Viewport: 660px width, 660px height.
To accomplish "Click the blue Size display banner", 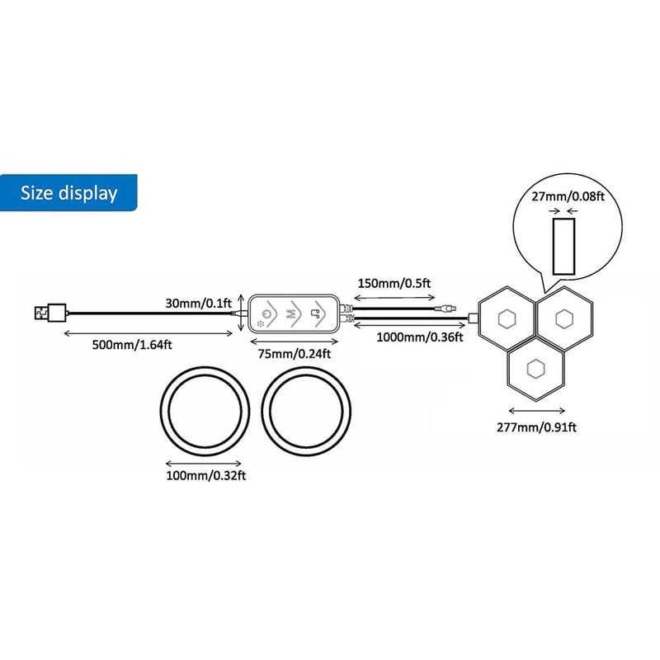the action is pyautogui.click(x=68, y=192).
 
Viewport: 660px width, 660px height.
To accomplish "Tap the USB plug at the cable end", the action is pyautogui.click(x=50, y=313).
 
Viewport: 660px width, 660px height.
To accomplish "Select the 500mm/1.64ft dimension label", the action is pyautogui.click(x=132, y=345).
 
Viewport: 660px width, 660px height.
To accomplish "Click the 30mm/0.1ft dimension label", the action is pyautogui.click(x=198, y=303).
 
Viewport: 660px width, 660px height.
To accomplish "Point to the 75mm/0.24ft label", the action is pyautogui.click(x=295, y=354).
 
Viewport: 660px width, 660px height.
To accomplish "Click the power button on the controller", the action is pyautogui.click(x=266, y=313).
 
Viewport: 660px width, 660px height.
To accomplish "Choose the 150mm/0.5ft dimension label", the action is pyautogui.click(x=394, y=283).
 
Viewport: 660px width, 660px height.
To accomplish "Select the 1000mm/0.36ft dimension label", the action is pyautogui.click(x=420, y=337).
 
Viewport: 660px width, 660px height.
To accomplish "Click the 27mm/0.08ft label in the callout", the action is pyautogui.click(x=568, y=196).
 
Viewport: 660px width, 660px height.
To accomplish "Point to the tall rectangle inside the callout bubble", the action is pyautogui.click(x=563, y=247).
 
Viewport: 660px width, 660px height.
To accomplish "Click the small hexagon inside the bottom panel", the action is pyautogui.click(x=535, y=369).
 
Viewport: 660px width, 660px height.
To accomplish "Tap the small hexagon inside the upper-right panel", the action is pyautogui.click(x=564, y=319).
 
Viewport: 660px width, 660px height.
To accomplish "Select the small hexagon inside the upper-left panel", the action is pyautogui.click(x=507, y=319).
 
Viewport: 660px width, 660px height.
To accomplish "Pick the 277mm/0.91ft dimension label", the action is pyautogui.click(x=536, y=427).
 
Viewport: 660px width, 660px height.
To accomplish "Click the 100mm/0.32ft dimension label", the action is pyautogui.click(x=205, y=476).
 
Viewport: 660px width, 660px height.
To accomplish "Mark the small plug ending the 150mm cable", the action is pyautogui.click(x=445, y=309).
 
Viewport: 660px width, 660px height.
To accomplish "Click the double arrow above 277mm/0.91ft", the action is pyautogui.click(x=537, y=411).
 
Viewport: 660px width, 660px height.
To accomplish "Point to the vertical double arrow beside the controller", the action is pyautogui.click(x=240, y=313).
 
